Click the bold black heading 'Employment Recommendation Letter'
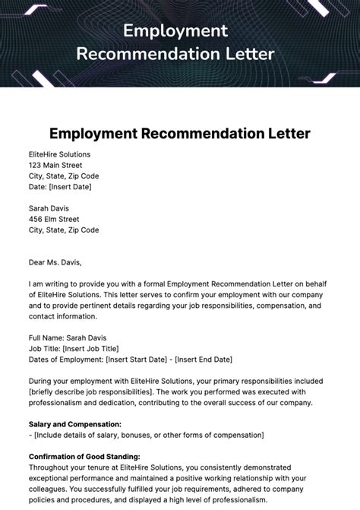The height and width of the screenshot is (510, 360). click(x=180, y=134)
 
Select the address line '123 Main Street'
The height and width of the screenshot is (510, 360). click(x=55, y=165)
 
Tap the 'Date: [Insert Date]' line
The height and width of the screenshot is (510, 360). click(x=59, y=187)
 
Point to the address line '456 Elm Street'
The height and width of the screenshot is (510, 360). click(x=54, y=219)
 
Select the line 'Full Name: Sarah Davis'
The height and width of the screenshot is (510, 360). click(x=68, y=337)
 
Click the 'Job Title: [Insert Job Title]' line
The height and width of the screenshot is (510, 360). click(x=76, y=348)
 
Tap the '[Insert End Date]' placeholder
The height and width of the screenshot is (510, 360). click(x=207, y=359)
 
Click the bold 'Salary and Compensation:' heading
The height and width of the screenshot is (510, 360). click(x=74, y=424)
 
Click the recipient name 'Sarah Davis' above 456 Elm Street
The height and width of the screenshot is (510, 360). click(x=49, y=208)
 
